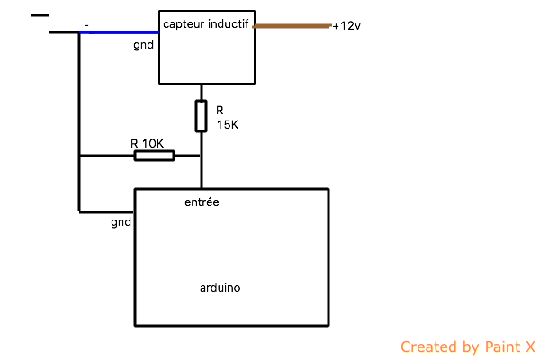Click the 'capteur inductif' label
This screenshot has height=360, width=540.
tap(205, 24)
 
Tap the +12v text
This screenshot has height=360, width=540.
tap(346, 26)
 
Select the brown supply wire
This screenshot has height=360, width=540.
tap(292, 26)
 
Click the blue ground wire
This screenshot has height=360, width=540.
tap(119, 32)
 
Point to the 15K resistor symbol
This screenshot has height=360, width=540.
tap(201, 116)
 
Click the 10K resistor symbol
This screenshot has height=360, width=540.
tap(154, 156)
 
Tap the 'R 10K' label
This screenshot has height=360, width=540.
tap(147, 143)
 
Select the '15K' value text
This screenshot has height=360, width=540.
tap(228, 125)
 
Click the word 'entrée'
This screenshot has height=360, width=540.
tap(202, 202)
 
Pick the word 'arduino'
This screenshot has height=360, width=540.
tap(220, 288)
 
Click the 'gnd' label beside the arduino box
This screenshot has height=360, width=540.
tap(121, 222)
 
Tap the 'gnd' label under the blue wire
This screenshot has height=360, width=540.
tap(143, 45)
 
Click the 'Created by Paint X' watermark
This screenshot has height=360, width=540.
tap(468, 346)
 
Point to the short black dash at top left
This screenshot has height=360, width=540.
tap(40, 15)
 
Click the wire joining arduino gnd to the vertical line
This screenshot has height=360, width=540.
tap(106, 212)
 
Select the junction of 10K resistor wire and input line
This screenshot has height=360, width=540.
tap(202, 156)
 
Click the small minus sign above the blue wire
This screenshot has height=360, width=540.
tap(86, 25)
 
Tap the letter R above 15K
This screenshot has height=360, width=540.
tap(220, 110)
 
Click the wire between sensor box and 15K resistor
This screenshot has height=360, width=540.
tap(202, 92)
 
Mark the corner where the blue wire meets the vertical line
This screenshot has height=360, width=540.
tap(79, 32)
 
